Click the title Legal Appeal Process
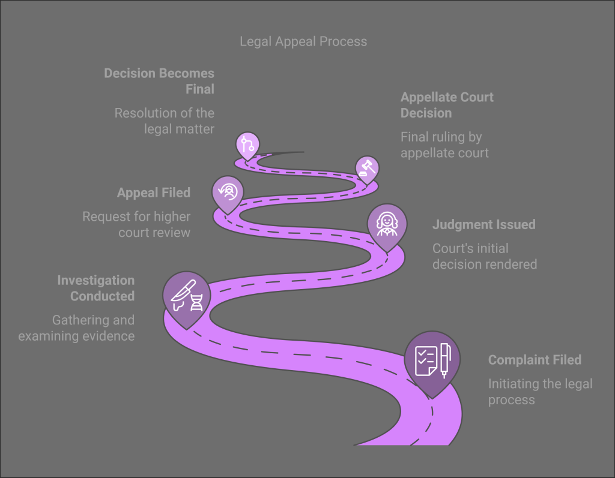(303, 41)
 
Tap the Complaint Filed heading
(535, 360)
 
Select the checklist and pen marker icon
(432, 359)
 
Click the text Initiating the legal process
(540, 392)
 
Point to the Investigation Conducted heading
(96, 288)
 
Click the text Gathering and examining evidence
(76, 328)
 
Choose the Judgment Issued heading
(483, 225)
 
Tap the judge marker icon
(387, 224)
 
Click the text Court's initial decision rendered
(485, 256)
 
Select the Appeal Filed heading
(154, 193)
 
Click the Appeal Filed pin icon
(228, 192)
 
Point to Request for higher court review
(136, 224)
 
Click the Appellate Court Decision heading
(447, 105)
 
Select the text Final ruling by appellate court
(444, 145)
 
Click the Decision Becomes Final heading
(159, 81)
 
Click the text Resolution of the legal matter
(165, 121)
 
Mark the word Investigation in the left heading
(96, 280)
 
